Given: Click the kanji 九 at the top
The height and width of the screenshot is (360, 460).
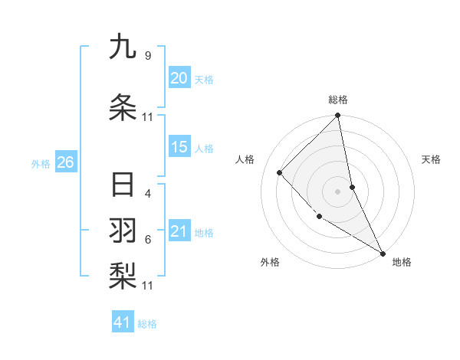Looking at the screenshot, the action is pyautogui.click(x=123, y=47).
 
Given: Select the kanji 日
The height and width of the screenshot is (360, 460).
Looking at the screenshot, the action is pyautogui.click(x=123, y=185).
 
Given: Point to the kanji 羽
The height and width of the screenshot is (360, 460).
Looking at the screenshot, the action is pyautogui.click(x=123, y=231).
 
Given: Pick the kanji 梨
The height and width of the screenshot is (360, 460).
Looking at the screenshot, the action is pyautogui.click(x=123, y=273).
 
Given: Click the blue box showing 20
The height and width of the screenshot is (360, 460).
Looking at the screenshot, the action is pyautogui.click(x=179, y=78).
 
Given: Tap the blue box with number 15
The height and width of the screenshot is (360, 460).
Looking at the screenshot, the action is pyautogui.click(x=179, y=147).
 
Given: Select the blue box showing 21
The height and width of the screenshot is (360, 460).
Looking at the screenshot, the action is pyautogui.click(x=179, y=231).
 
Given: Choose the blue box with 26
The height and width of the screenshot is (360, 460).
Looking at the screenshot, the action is pyautogui.click(x=65, y=162).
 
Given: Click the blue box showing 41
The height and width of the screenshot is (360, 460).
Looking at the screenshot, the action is pyautogui.click(x=123, y=322).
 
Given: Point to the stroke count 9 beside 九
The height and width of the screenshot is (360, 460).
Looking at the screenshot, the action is pyautogui.click(x=147, y=56).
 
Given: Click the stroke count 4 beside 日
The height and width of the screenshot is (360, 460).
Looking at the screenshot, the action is pyautogui.click(x=147, y=194).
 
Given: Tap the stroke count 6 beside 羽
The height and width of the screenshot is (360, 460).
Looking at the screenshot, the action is pyautogui.click(x=147, y=240).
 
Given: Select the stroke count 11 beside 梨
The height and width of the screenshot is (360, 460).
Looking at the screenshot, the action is pyautogui.click(x=148, y=286).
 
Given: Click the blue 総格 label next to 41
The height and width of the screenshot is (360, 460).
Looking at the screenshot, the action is pyautogui.click(x=147, y=324).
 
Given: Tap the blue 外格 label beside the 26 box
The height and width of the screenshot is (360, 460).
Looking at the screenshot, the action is pyautogui.click(x=41, y=163).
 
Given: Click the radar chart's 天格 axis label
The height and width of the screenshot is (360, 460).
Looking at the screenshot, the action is pyautogui.click(x=431, y=159).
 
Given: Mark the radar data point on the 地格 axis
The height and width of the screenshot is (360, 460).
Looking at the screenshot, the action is pyautogui.click(x=382, y=253).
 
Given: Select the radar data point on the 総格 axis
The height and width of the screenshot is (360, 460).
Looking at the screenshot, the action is pyautogui.click(x=337, y=116).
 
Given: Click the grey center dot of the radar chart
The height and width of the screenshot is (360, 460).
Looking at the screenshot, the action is pyautogui.click(x=337, y=191).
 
